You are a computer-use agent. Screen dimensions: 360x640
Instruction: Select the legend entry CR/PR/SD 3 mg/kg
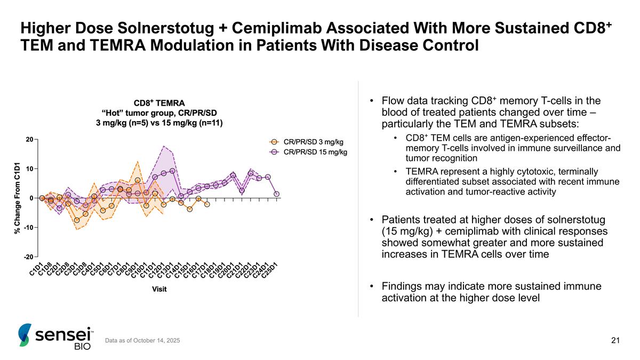(x=313, y=142)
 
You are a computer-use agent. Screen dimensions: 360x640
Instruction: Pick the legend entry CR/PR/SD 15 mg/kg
(x=315, y=152)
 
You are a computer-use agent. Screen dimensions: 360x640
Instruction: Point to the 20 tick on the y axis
(x=30, y=140)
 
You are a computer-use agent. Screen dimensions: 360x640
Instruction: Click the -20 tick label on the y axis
(x=29, y=257)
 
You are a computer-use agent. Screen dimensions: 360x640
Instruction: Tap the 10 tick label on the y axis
(x=30, y=169)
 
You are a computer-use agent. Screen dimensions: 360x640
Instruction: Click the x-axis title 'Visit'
(x=158, y=289)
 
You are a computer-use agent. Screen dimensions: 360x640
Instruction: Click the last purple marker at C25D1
(x=276, y=194)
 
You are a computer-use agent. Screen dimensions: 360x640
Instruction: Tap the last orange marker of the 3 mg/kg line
(x=207, y=204)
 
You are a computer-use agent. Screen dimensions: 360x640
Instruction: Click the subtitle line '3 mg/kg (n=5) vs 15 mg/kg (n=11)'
(x=159, y=123)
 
